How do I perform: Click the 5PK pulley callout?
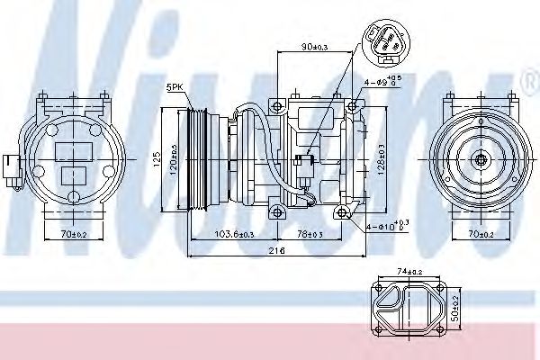[x=175, y=86]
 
